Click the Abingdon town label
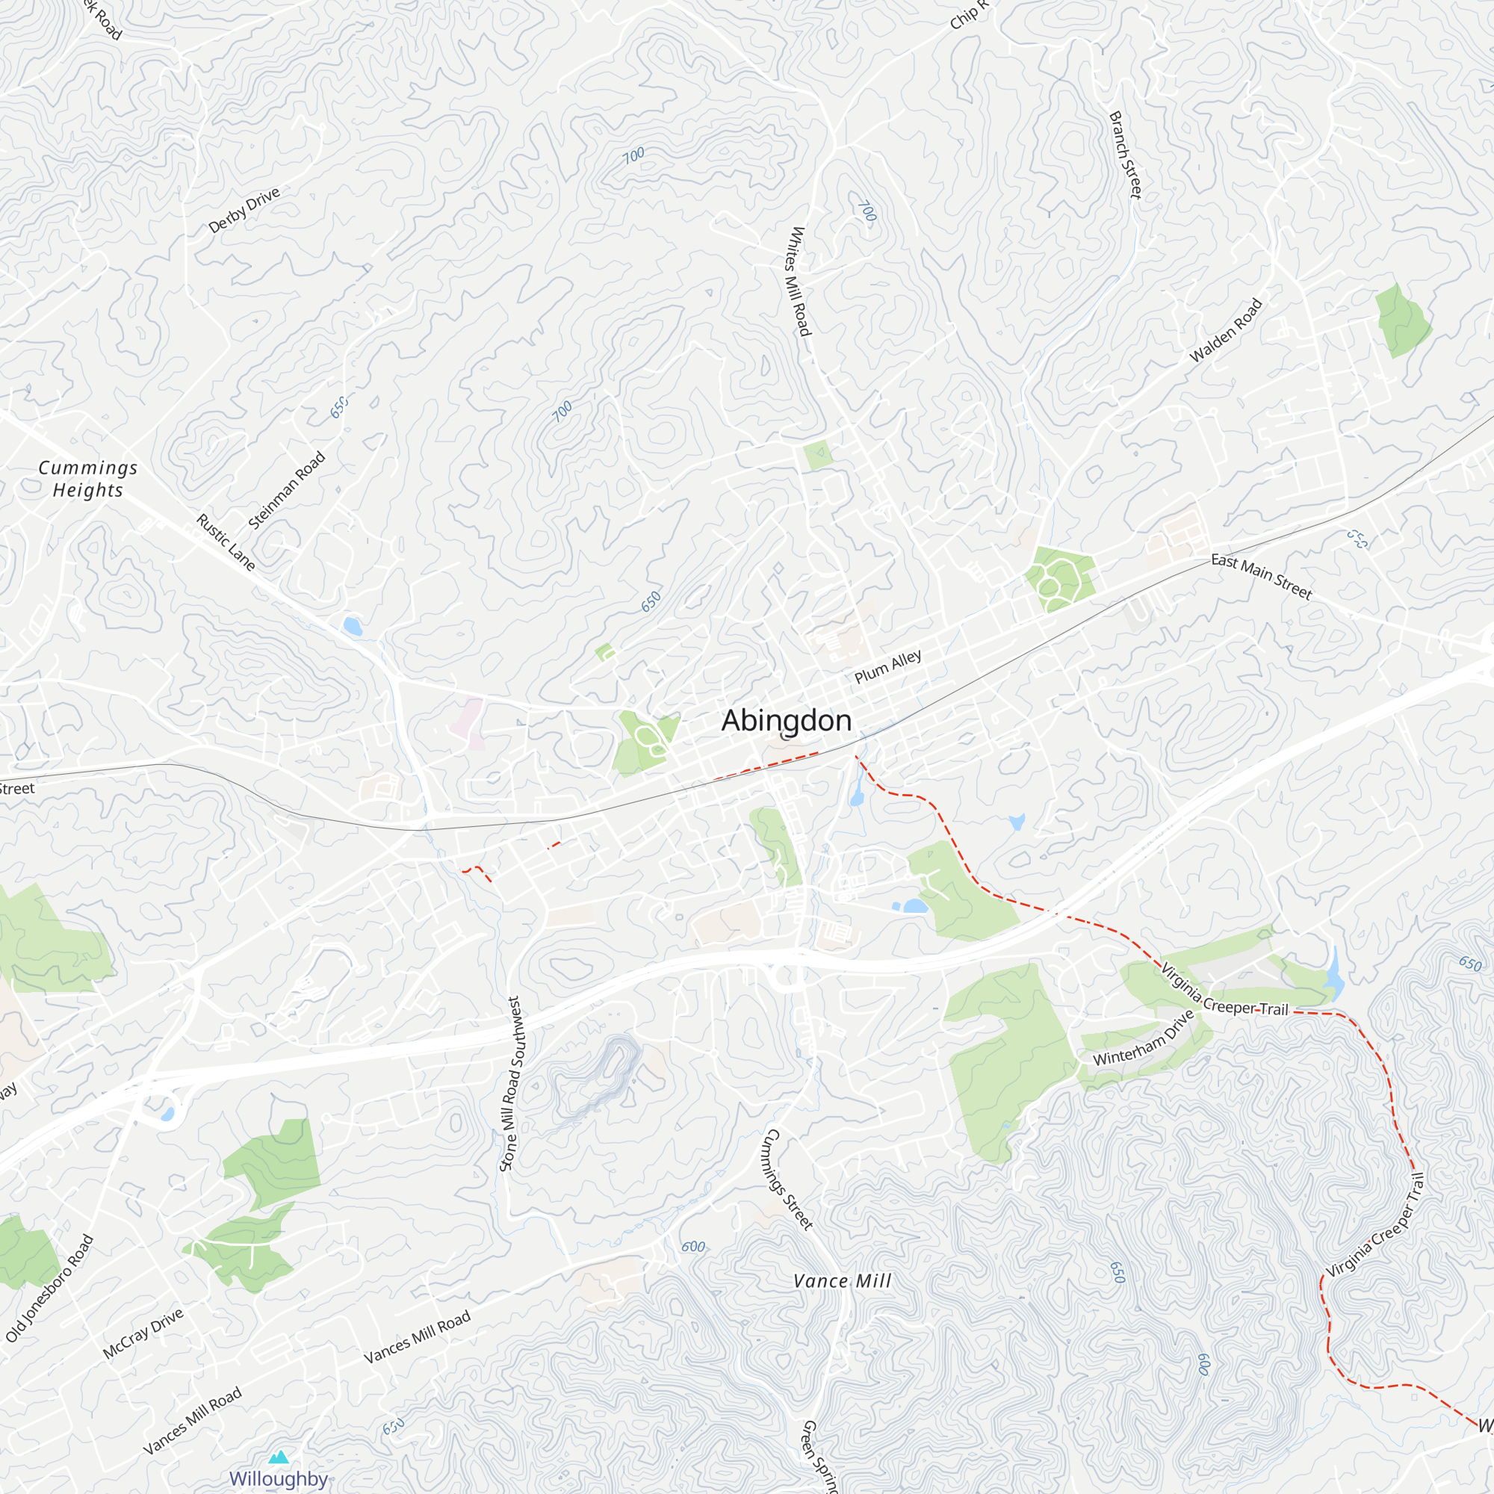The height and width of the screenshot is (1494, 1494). pos(787,721)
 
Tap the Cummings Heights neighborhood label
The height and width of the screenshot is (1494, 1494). pos(88,479)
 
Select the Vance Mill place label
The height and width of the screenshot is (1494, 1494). pos(842,1281)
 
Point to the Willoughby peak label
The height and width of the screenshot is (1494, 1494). pos(279,1478)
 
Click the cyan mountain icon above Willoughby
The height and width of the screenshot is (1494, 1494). pos(279,1457)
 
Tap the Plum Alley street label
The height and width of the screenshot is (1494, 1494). pos(887,666)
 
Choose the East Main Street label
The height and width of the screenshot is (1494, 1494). pos(1261,576)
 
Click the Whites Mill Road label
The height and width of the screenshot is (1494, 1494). pos(799,281)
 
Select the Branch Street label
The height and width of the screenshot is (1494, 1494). pos(1125,155)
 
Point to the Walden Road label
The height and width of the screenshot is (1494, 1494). pos(1226,330)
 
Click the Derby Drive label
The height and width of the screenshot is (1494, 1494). pos(244,210)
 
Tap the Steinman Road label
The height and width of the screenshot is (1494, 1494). pos(287,490)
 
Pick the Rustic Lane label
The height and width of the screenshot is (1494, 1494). pos(225,542)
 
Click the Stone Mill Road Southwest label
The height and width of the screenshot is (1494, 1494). pos(512,1083)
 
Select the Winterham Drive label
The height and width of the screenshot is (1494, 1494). pos(1144,1038)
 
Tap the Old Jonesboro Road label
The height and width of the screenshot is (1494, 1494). pos(49,1289)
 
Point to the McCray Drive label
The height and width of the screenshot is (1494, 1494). pos(143,1333)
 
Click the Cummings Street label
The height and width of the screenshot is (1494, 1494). pos(787,1179)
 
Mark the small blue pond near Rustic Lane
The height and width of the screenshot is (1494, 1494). pos(353,625)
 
